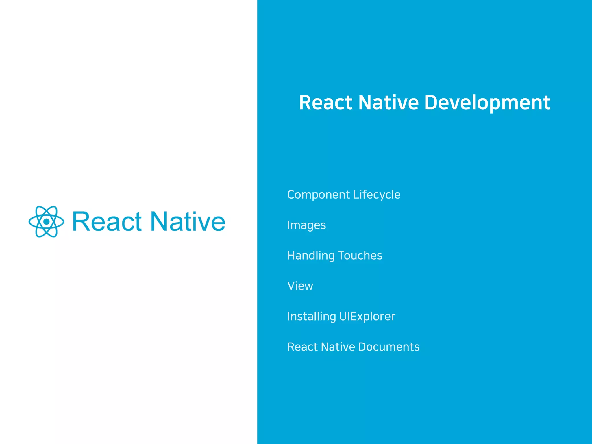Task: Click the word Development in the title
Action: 487,103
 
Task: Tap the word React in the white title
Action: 326,103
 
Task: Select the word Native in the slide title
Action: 388,103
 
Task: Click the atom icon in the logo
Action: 46,222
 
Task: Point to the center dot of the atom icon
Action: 46,222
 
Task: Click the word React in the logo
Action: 107,222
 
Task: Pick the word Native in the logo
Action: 188,222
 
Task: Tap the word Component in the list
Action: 319,195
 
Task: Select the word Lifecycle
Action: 377,195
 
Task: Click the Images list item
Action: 306,225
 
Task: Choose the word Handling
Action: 311,256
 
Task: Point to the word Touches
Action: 360,256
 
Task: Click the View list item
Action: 300,286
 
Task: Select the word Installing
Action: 311,317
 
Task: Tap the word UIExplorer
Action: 367,317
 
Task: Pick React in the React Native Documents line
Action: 302,347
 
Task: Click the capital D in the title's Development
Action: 431,103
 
